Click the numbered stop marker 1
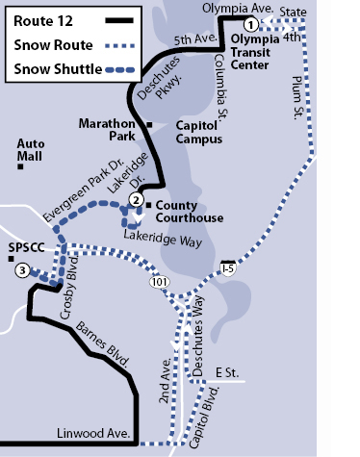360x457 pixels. [x=250, y=24]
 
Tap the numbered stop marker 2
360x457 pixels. [x=137, y=199]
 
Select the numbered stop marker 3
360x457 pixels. [x=21, y=270]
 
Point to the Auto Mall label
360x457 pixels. [x=31, y=150]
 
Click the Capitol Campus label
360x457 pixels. [x=200, y=131]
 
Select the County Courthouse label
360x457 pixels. [x=190, y=212]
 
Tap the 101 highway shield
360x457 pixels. [x=158, y=283]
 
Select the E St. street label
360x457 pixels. [x=226, y=371]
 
